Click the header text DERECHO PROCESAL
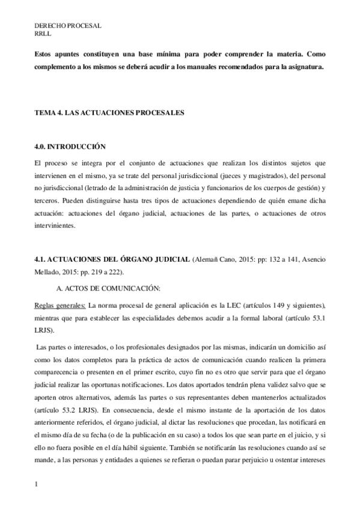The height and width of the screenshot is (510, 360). tap(67, 26)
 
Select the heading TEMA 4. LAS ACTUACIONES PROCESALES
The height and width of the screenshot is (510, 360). tap(109, 112)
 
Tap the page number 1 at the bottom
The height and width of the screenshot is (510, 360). tap(37, 483)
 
